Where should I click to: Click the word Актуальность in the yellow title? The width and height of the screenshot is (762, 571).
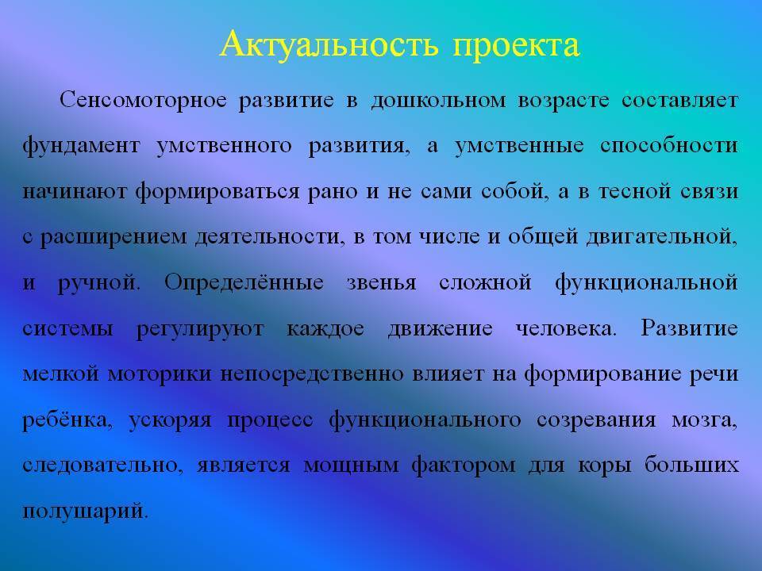329,44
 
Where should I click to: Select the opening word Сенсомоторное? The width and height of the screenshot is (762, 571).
144,100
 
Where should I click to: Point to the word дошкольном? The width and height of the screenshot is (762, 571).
438,101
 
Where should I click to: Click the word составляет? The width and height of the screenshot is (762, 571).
680,100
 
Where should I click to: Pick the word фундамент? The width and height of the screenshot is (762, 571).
82,146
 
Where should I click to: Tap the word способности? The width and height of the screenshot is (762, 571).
669,146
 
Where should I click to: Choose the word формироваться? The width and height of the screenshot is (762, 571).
217,191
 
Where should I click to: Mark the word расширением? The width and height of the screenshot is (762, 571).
114,237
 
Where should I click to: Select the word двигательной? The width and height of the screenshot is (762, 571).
662,237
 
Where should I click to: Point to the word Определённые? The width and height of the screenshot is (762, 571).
244,282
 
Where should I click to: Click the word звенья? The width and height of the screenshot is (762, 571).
382,283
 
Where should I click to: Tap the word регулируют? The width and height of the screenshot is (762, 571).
200,329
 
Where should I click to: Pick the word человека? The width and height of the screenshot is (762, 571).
566,328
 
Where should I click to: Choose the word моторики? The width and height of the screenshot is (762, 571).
160,374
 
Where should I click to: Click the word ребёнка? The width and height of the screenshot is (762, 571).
67,420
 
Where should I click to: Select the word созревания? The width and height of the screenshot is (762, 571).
596,420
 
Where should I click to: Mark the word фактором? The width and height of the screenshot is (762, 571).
464,466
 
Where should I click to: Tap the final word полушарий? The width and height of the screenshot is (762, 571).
85,511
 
